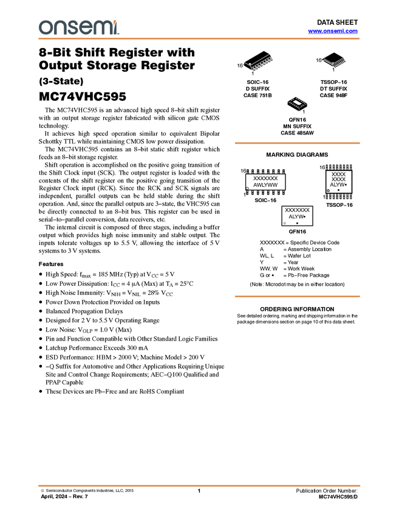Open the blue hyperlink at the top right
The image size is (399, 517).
pyautogui.click(x=333, y=31)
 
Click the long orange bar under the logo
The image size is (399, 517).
pyautogui.click(x=199, y=39)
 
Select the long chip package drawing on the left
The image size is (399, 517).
pyautogui.click(x=259, y=62)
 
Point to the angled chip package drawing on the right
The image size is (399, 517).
pyautogui.click(x=335, y=62)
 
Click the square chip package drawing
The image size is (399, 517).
pyautogui.click(x=298, y=103)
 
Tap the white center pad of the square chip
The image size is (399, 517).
pyautogui.click(x=298, y=102)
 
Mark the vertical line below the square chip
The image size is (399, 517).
pyautogui.click(x=298, y=112)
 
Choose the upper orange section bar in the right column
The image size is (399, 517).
pyautogui.click(x=297, y=143)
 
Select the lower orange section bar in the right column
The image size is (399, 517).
pyautogui.click(x=297, y=296)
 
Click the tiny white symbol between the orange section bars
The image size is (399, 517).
pyautogui.click(x=285, y=223)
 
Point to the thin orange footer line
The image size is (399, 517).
pyautogui.click(x=199, y=485)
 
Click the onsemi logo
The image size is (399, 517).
pyautogui.click(x=79, y=28)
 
